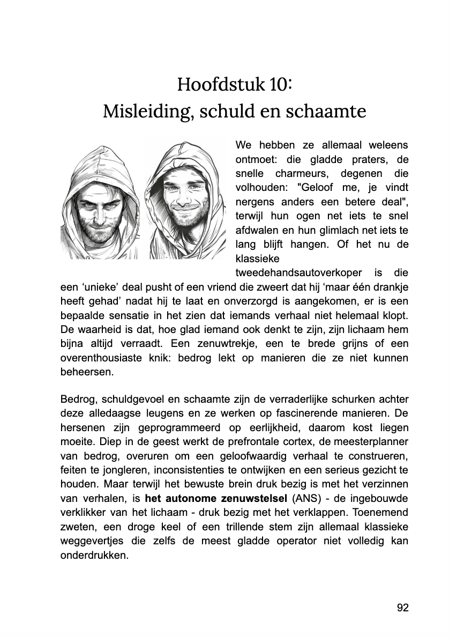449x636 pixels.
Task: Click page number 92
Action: (403, 607)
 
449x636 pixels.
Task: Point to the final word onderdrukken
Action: (94, 555)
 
